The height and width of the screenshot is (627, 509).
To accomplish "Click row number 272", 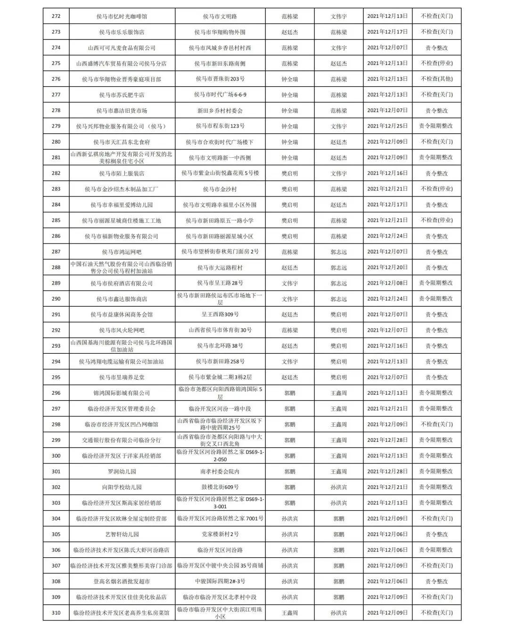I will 56,16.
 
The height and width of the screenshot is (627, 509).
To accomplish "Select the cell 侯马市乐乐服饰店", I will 122,32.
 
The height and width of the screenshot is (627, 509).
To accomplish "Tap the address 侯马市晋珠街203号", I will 220,79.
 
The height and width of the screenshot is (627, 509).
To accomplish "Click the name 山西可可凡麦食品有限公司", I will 122,48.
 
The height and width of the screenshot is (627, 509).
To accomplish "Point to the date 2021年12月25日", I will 387,126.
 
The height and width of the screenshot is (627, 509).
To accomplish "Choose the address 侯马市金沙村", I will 220,189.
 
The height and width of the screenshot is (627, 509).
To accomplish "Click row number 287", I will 56,252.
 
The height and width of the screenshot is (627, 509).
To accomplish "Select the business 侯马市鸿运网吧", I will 122,252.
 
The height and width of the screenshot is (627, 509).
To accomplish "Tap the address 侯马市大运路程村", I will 220,268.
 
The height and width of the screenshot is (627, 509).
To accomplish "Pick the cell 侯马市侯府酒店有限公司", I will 122,283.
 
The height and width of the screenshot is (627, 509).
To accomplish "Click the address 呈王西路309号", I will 220,315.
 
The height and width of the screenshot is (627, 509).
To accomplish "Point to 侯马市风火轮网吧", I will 122,330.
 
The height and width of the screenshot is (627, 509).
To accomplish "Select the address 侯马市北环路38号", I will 220,346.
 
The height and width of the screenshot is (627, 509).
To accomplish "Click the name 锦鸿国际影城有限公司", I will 122,393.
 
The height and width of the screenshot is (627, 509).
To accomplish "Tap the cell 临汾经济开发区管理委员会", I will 122,409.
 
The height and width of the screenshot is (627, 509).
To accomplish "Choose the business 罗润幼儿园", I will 122,472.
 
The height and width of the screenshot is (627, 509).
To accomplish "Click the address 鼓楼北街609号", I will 220,487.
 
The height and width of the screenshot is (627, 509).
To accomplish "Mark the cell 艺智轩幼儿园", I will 122,534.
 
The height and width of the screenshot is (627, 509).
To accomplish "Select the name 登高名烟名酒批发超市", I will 122,581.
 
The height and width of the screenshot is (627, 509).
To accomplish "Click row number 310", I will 56,613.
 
